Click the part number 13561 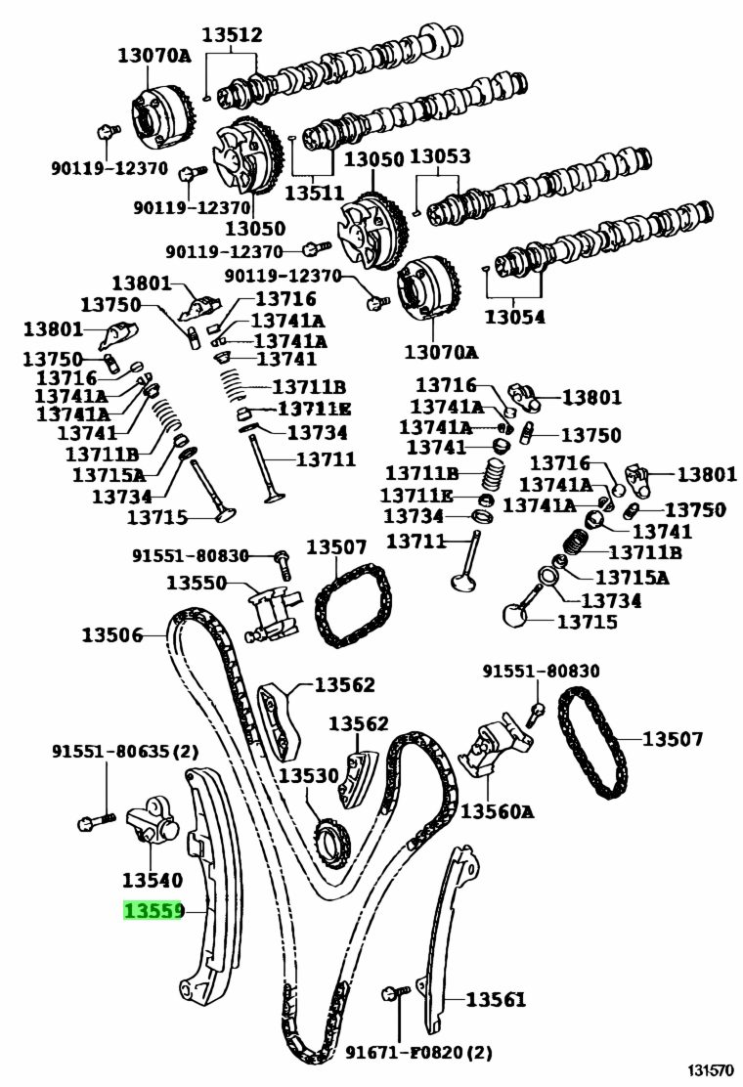tap(495, 999)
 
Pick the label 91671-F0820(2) tap(418, 1053)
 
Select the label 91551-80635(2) tap(124, 752)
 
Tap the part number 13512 tap(233, 36)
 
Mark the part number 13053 tap(439, 157)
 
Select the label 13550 tap(197, 584)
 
